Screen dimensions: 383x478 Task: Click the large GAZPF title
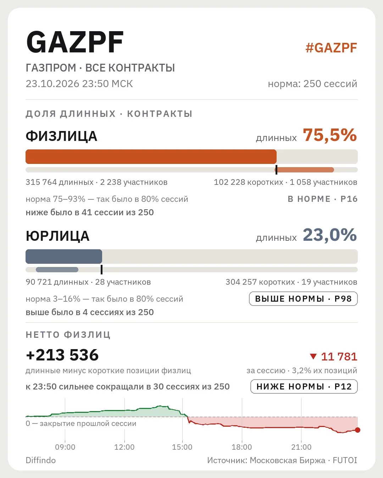point(75,42)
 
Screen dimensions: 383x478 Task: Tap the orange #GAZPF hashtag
point(331,48)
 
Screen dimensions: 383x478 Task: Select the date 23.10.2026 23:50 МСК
point(79,84)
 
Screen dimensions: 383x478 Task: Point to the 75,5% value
point(330,135)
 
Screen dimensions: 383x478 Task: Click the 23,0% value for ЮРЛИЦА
point(330,235)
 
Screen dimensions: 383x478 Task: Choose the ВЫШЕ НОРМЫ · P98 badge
point(303,299)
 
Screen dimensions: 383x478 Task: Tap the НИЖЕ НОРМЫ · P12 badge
point(304,387)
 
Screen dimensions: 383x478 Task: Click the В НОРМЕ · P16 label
point(323,199)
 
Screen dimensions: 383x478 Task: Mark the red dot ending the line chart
point(357,430)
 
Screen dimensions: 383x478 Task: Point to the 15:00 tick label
point(182,447)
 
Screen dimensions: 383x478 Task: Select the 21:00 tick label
point(301,447)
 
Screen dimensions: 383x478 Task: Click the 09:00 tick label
point(65,447)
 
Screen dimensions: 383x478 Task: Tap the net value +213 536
point(62,355)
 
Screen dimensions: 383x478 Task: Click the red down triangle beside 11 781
point(313,356)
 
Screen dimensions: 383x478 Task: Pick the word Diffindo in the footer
point(41,460)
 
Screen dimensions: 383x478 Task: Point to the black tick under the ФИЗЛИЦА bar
point(276,170)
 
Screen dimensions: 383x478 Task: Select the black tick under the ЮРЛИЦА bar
point(101,269)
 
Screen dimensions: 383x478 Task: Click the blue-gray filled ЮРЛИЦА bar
point(64,257)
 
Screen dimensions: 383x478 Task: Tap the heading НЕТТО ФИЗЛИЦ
point(68,335)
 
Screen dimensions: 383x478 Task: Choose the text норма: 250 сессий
point(312,84)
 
